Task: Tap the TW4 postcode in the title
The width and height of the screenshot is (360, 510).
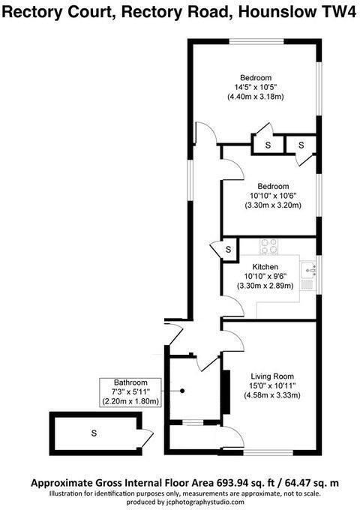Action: pos(338,13)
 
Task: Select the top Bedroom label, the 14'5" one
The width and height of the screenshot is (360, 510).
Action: pos(256,77)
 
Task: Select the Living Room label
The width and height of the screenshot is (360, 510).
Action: pos(271,376)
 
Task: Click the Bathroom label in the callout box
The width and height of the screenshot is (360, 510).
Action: pos(126,382)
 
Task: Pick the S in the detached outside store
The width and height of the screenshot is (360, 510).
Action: pos(94,433)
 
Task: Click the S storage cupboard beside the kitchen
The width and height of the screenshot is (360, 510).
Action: pos(223,249)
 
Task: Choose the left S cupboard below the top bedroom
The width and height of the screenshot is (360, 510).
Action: pos(268,143)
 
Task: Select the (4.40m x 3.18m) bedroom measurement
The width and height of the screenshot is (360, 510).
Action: pos(256,97)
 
